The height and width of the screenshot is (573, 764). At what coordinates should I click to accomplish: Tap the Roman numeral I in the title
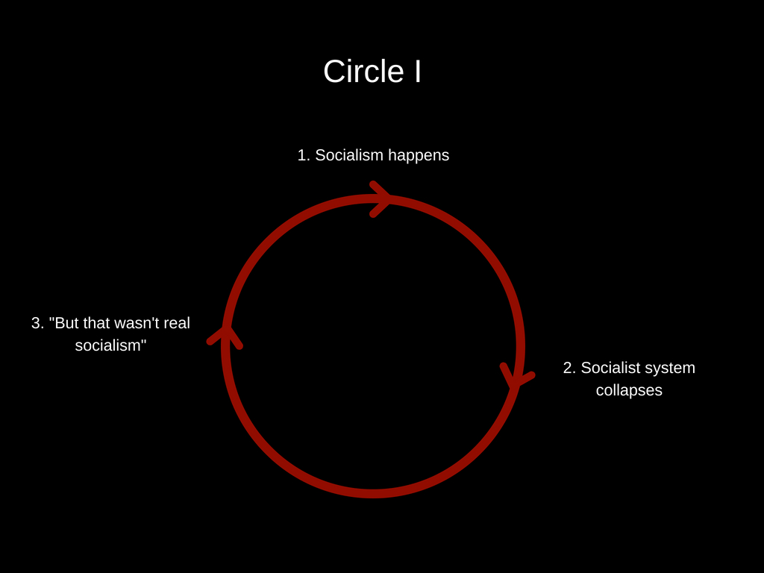coord(417,72)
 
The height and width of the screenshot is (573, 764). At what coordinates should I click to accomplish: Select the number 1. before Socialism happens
coord(304,155)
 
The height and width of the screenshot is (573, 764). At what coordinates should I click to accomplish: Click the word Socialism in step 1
coord(349,155)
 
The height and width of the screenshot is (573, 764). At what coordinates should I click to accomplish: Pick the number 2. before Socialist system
coord(569,368)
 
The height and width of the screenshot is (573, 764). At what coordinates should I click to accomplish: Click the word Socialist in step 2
coord(611,368)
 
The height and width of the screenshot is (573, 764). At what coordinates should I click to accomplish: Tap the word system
coord(670,369)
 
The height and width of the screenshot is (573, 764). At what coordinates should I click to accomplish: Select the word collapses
coord(629,390)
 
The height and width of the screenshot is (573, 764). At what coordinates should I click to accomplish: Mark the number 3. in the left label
coord(37,323)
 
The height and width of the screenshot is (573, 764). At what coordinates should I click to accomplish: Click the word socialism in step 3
coord(107,345)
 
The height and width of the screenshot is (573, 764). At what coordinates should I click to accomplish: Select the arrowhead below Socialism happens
coord(380,199)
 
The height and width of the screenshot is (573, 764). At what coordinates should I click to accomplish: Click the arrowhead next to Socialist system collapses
coord(515,375)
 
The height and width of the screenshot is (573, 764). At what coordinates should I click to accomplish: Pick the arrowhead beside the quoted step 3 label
coord(225,336)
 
